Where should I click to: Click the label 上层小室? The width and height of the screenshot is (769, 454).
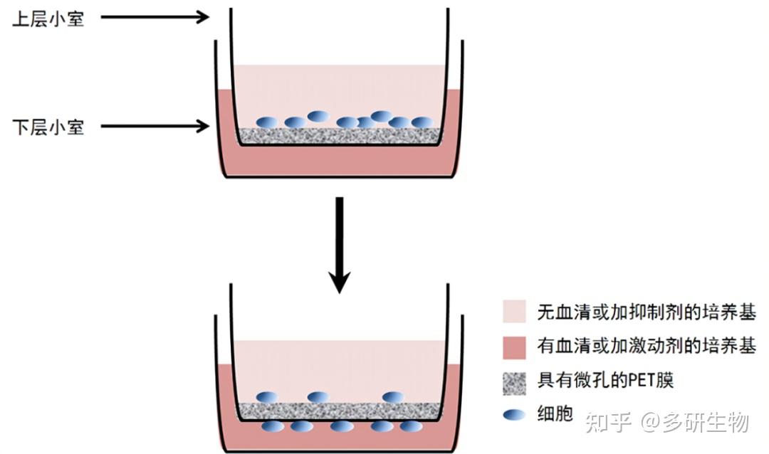point(48,19)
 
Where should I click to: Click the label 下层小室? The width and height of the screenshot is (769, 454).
point(48,127)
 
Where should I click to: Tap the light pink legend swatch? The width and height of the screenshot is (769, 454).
point(514,312)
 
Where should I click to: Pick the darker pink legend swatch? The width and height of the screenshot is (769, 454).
point(514,347)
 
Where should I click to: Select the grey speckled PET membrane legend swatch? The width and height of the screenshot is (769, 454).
point(514,381)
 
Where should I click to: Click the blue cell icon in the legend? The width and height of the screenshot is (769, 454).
point(514,415)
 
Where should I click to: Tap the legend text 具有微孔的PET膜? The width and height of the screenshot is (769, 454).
point(605,381)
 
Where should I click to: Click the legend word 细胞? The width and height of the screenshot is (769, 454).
point(555,414)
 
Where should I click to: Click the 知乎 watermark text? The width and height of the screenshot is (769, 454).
point(607,423)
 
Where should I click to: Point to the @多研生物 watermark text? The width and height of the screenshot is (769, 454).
point(694,423)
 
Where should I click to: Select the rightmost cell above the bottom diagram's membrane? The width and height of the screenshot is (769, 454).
point(392,397)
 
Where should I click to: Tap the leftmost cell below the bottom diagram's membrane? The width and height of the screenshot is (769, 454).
point(273,427)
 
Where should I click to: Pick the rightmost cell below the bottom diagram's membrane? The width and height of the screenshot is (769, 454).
point(410,427)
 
